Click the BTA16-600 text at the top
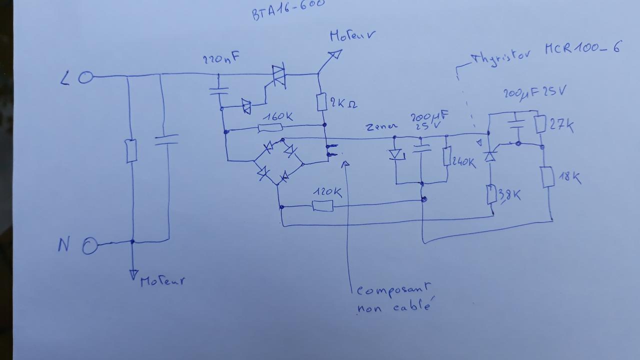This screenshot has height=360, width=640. [x=288, y=8]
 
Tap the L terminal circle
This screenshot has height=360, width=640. [x=85, y=77]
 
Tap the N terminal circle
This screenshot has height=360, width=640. [x=89, y=246]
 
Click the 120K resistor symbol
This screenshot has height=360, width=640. [x=322, y=205]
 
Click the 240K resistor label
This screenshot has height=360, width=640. [x=464, y=162]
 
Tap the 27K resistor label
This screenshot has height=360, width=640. [x=561, y=125]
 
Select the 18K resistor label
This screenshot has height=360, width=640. [x=569, y=177]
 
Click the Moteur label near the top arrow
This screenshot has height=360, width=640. [x=352, y=35]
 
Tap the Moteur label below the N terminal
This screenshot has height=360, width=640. [x=162, y=281]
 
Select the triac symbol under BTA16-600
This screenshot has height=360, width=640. [x=278, y=76]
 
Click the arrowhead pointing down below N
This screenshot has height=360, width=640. [x=133, y=274]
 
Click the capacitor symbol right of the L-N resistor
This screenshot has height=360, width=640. [x=165, y=139]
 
